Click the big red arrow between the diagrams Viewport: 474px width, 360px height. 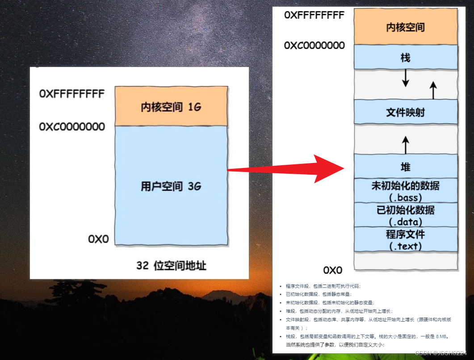[286, 169]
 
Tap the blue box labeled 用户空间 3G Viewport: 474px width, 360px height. [171, 185]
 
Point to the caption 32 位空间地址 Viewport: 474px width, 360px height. [171, 265]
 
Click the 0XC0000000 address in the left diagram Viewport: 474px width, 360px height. [72, 127]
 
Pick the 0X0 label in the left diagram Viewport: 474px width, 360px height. [98, 239]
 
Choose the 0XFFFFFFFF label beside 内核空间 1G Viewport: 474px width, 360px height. [72, 94]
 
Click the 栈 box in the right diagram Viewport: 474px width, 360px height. [406, 58]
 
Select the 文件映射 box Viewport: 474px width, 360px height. [406, 112]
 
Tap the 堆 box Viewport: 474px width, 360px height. [406, 167]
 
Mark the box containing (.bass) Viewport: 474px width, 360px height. [406, 191]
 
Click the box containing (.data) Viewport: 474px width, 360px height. [406, 215]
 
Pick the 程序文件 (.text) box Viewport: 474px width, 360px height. [406, 239]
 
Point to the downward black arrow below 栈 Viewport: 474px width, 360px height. [406, 78]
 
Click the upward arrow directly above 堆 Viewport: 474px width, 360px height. [406, 145]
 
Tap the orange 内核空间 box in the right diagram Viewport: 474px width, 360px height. [406, 27]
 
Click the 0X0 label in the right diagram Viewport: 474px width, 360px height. [332, 270]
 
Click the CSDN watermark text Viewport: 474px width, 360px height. [440, 353]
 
